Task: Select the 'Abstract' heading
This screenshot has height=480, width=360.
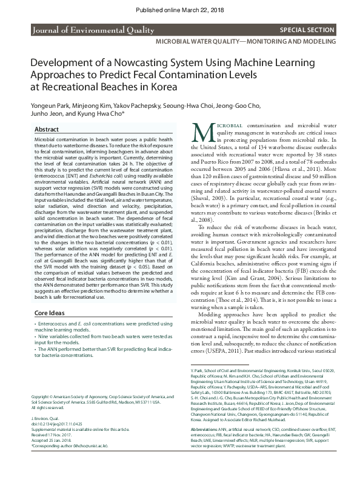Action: click(x=47, y=130)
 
